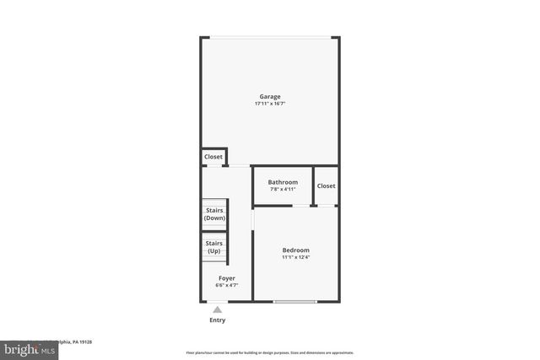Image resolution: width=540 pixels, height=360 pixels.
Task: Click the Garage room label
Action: [x=270, y=97]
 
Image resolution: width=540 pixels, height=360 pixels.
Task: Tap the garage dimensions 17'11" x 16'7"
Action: [x=270, y=104]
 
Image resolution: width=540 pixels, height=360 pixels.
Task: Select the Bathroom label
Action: [x=283, y=182]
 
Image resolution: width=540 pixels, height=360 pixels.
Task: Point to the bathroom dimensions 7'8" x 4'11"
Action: [x=283, y=189]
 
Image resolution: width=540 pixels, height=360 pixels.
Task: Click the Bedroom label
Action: [x=295, y=250]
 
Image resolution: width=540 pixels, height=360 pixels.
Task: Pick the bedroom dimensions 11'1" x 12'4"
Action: [x=295, y=257]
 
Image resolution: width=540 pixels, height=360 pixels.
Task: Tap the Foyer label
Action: [x=226, y=278]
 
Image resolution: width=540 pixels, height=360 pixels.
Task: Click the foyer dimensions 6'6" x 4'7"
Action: [x=226, y=285]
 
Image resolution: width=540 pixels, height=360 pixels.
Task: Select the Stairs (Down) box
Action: [x=214, y=215]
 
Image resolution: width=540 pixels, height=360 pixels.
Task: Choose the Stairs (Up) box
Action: [x=214, y=248]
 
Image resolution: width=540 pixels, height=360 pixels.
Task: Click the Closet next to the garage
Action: [x=213, y=157]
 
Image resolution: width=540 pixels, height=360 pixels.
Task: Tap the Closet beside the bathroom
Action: [x=326, y=185]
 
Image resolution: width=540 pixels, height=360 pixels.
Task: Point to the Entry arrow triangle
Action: [x=218, y=310]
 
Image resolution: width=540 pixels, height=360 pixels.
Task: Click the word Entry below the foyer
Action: [x=218, y=320]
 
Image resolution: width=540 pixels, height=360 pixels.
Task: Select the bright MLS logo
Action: [x=25, y=348]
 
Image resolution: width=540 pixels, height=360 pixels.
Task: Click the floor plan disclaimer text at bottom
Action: [x=270, y=352]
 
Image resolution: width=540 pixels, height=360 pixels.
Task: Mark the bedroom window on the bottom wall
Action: [x=295, y=301]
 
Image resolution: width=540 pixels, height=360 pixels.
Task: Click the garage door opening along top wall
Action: [x=270, y=37]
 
